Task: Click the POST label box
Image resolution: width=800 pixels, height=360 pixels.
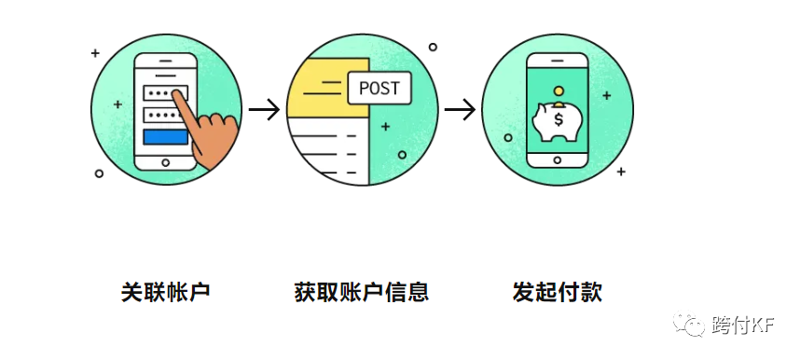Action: click(378, 89)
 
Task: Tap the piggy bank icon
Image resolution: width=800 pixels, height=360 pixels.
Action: click(556, 122)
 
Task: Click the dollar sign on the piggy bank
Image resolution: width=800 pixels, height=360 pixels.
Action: click(559, 119)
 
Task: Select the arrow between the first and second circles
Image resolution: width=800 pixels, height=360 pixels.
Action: click(265, 110)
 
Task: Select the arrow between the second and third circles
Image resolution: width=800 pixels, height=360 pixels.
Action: click(460, 110)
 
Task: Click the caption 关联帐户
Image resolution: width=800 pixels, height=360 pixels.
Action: click(166, 291)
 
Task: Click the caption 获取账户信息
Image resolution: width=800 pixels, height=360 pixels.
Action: click(361, 291)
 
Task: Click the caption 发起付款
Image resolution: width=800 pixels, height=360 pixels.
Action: click(557, 291)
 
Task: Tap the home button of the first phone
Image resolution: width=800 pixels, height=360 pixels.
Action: click(165, 161)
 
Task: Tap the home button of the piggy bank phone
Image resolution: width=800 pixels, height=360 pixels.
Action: click(558, 159)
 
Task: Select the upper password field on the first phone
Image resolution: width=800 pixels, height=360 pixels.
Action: click(165, 93)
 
